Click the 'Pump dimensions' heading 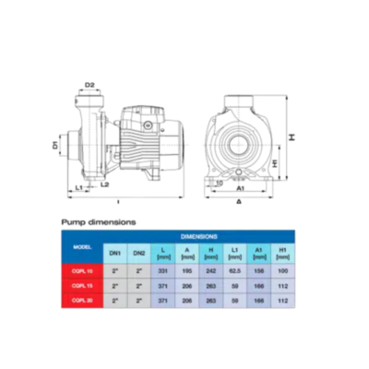(99, 222)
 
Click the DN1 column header (115, 252)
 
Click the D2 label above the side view (90, 86)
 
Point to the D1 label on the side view (56, 144)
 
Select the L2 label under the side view (103, 185)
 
